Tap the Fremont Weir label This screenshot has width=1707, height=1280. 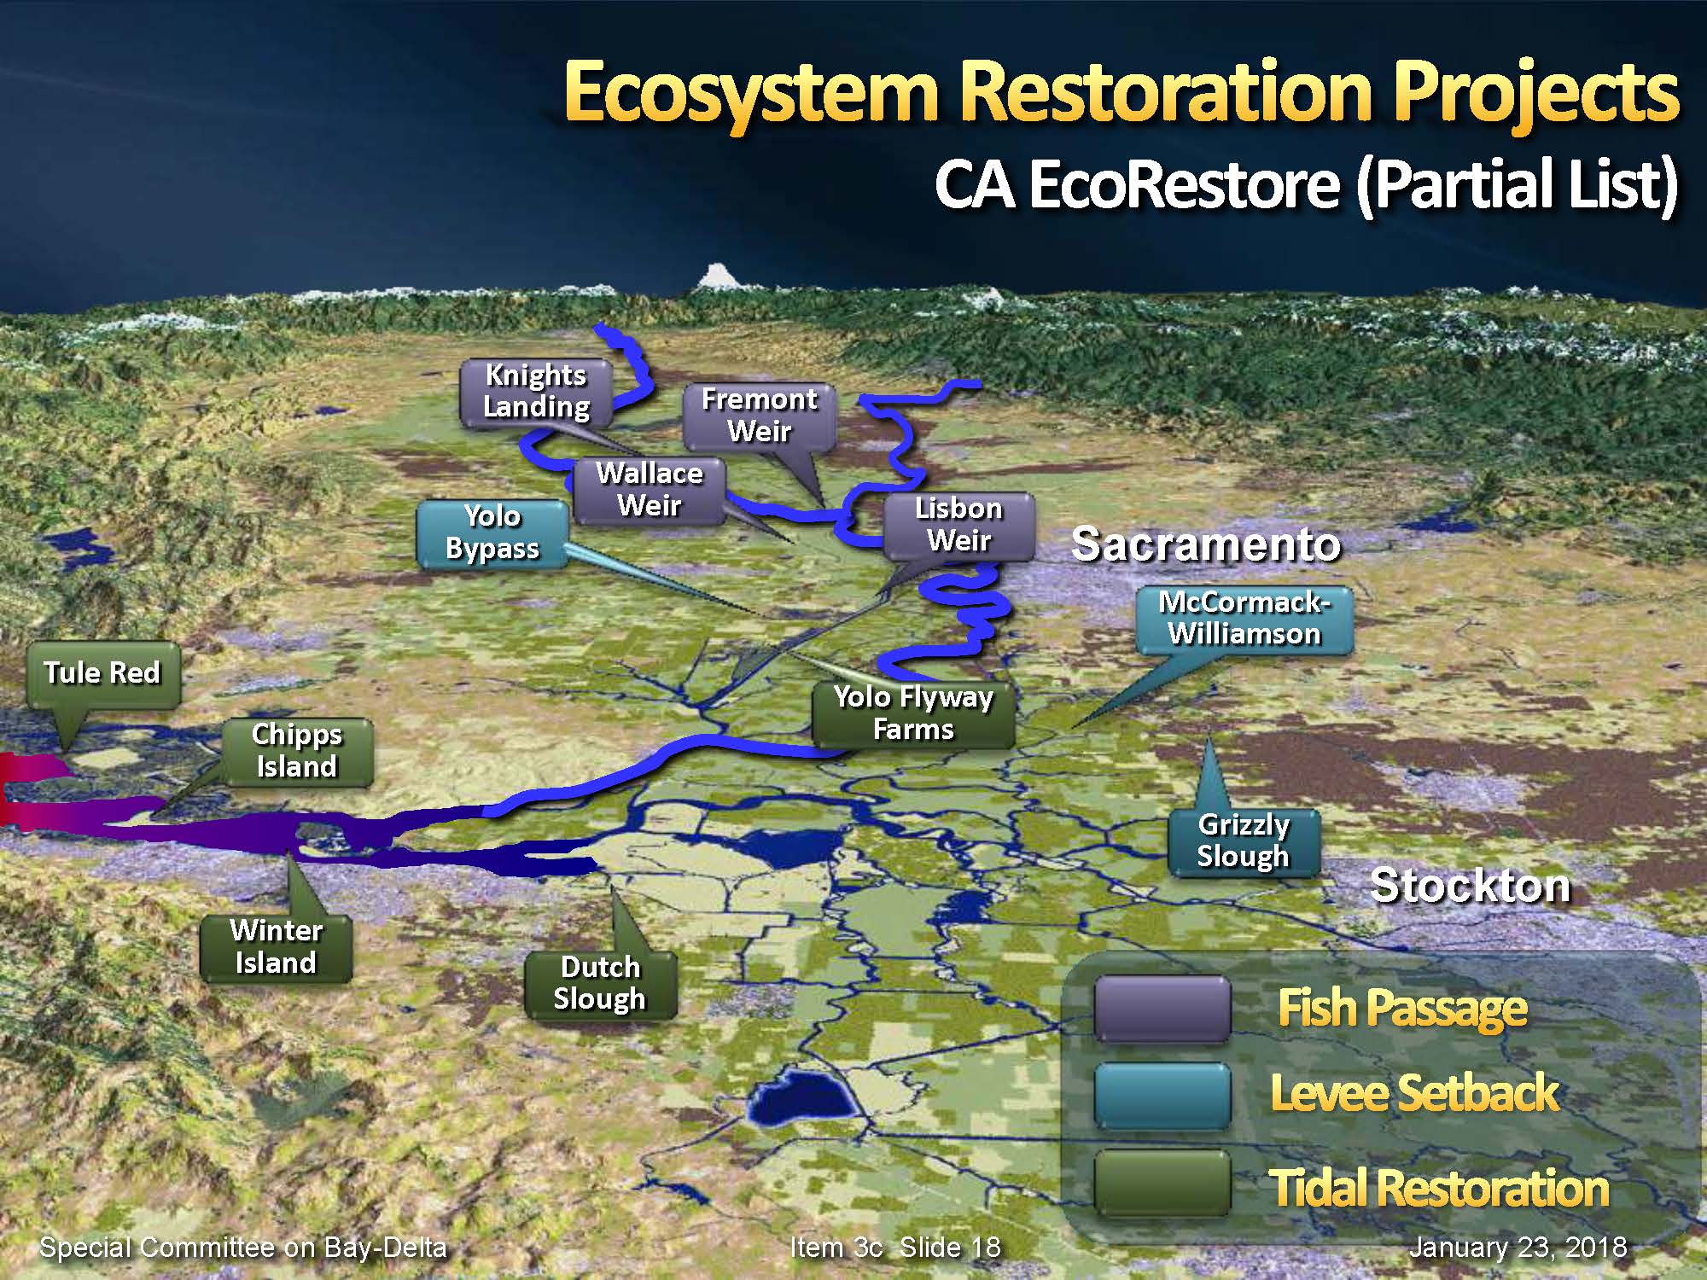(x=759, y=416)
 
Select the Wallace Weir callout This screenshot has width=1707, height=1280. (x=650, y=490)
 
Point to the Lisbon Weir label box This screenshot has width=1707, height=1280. (x=958, y=526)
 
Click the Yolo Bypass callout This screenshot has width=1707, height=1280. (x=492, y=533)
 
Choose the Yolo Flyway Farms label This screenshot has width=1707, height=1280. (x=913, y=714)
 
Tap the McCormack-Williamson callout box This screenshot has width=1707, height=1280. (x=1244, y=620)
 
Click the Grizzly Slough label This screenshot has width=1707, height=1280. (x=1244, y=841)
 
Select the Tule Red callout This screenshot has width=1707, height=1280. (x=103, y=674)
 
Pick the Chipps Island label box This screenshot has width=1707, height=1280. (x=297, y=751)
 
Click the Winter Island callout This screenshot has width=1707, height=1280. (x=276, y=947)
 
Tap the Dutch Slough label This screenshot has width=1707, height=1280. (x=600, y=984)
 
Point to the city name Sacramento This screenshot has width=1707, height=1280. (x=1205, y=544)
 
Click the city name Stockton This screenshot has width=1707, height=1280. (x=1470, y=886)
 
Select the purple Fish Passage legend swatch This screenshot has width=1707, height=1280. (x=1162, y=1009)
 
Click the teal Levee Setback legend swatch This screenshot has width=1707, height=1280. (x=1162, y=1097)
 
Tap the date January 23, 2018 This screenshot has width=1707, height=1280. (x=1518, y=1248)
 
